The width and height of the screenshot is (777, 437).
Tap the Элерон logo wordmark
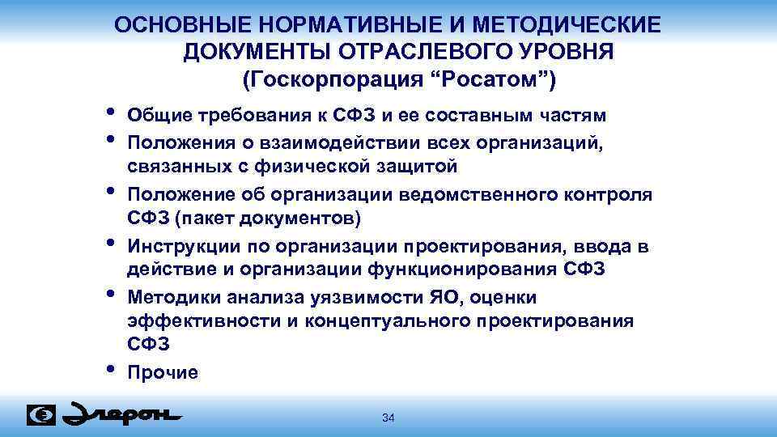click(122, 414)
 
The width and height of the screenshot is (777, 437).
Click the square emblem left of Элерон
click(41, 414)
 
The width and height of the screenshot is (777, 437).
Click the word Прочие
click(162, 373)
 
